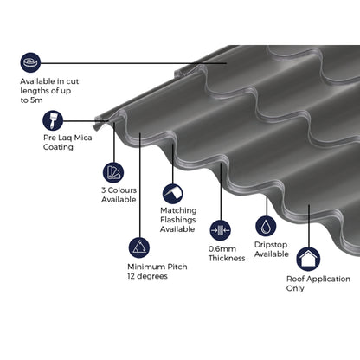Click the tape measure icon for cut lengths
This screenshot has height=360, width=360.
point(32,62)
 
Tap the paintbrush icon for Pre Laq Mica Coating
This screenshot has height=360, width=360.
point(31,125)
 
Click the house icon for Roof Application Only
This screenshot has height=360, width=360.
point(307,258)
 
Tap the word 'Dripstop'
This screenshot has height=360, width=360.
point(272,243)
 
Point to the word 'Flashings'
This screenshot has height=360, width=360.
point(179,220)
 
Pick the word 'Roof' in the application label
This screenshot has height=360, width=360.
point(296,279)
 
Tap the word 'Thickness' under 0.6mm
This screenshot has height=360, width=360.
point(227,259)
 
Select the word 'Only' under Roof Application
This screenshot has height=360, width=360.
point(296,289)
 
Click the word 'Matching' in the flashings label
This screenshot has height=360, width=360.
point(178,209)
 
